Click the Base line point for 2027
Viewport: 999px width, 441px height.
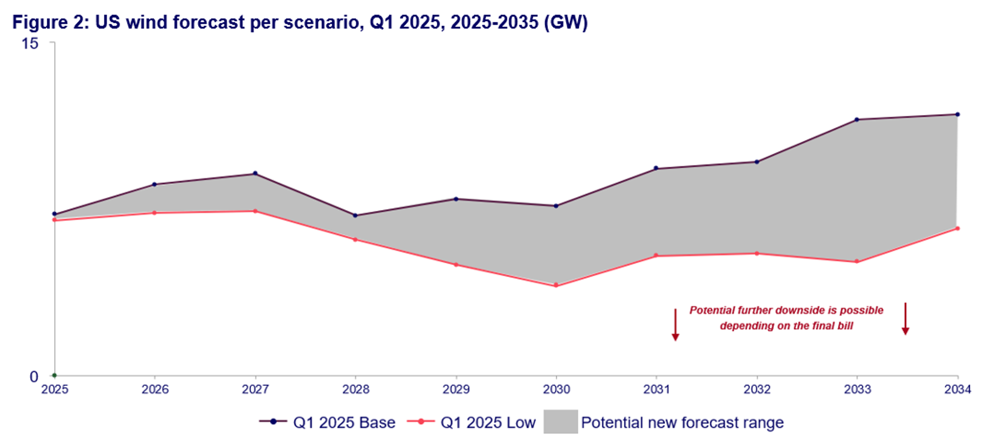click(255, 173)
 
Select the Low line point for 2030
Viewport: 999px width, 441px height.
click(556, 285)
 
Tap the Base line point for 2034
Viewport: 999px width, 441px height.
click(957, 114)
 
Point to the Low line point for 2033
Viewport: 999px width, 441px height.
click(857, 262)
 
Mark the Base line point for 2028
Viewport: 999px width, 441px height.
click(356, 216)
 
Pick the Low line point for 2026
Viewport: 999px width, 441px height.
click(154, 213)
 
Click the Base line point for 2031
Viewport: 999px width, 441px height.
click(656, 168)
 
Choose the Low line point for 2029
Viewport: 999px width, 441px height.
click(456, 264)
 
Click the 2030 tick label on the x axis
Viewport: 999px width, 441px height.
click(556, 389)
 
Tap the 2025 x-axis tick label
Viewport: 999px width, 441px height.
click(54, 389)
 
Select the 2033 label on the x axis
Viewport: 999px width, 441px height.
click(857, 389)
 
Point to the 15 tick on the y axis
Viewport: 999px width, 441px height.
click(29, 43)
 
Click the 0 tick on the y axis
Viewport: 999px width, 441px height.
click(34, 377)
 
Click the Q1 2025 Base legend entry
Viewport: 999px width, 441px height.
click(327, 423)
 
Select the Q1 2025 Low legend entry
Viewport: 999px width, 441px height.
click(472, 423)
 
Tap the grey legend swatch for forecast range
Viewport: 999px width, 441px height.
click(561, 422)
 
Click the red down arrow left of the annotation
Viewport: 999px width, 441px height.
click(675, 325)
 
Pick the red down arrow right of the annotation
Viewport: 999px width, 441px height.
click(905, 319)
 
